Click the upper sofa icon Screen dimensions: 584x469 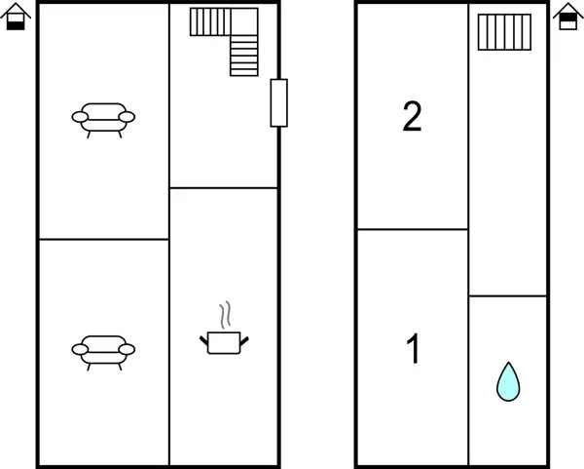click(103, 120)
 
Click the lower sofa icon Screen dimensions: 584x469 click(103, 353)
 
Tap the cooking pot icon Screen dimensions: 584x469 click(224, 342)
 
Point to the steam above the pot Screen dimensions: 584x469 click(225, 315)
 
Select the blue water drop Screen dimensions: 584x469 click(508, 381)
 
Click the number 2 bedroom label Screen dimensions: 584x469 click(413, 116)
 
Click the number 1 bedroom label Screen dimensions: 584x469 click(413, 348)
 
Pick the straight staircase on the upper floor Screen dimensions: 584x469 click(504, 32)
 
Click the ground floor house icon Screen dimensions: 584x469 click(16, 17)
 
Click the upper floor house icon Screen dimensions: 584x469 click(568, 16)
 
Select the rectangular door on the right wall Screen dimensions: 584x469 click(279, 103)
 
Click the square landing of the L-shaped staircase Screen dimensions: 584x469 click(244, 21)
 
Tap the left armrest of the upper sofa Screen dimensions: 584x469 click(80, 117)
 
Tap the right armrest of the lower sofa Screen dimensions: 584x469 click(127, 350)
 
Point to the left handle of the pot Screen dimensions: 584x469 click(203, 340)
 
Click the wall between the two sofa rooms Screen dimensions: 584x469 click(104, 239)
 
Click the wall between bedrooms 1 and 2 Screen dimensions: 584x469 click(413, 229)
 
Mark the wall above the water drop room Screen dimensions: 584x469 click(508, 295)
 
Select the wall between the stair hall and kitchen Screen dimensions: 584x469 click(224, 187)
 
